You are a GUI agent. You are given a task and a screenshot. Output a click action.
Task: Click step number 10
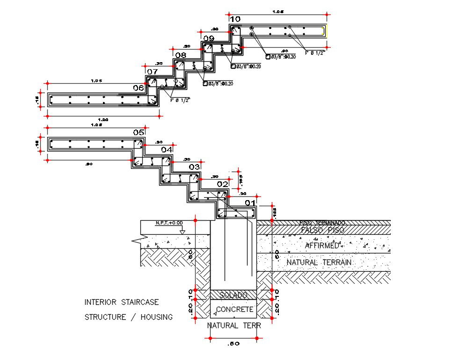point(235,19)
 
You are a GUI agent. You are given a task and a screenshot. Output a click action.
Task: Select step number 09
point(209,38)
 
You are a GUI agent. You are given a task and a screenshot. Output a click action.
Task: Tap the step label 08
point(181,55)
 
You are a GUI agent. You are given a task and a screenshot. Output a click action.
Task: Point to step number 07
point(152,72)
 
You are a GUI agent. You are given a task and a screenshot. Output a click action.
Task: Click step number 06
point(139,87)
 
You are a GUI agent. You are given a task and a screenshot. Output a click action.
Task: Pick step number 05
point(139,132)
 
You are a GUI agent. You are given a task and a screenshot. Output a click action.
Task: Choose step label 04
point(167,150)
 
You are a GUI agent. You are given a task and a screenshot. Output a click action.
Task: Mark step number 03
point(194,167)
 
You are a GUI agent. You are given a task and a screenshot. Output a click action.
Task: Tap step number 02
point(222,184)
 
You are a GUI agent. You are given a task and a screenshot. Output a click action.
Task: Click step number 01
point(250,202)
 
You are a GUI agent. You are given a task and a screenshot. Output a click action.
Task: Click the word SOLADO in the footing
point(233,295)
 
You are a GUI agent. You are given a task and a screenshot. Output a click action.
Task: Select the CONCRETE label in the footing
point(234,309)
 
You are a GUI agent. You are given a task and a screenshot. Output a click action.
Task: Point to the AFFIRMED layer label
point(322,245)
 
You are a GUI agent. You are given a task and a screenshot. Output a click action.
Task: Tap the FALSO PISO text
point(322,230)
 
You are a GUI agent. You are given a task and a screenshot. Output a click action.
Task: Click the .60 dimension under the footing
point(233,344)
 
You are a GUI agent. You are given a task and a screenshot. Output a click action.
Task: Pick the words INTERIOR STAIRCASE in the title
point(122,302)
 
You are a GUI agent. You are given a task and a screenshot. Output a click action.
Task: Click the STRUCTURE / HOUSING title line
point(128,317)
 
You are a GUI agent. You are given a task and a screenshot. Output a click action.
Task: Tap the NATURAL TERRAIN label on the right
point(319,262)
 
